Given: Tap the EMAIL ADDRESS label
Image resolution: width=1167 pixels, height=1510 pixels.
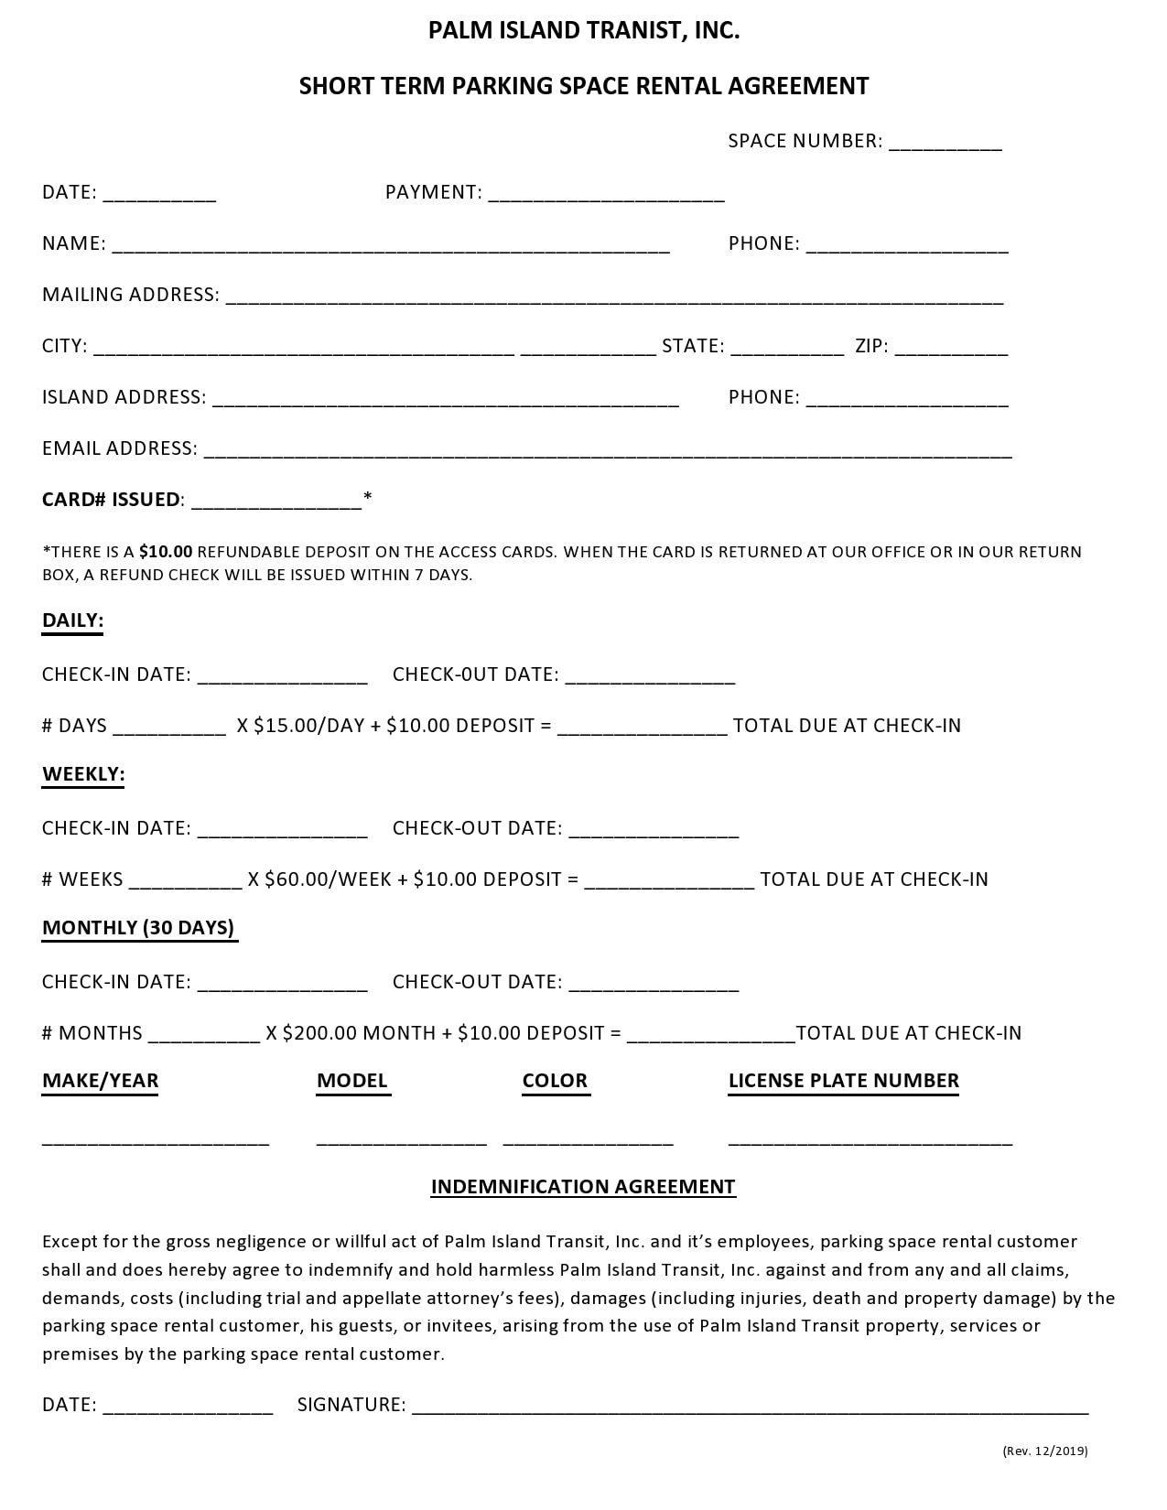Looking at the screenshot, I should [x=119, y=448].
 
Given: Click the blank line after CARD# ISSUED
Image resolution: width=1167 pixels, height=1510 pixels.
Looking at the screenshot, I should [x=276, y=502].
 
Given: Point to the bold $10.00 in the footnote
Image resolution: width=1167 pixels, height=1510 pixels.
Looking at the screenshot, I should [x=166, y=552].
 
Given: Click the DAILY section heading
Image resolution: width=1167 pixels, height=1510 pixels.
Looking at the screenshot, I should [x=72, y=620].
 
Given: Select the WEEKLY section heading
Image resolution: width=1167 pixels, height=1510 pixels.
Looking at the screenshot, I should [x=83, y=774].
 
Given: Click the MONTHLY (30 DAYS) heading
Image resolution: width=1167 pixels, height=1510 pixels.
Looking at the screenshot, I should [x=138, y=928].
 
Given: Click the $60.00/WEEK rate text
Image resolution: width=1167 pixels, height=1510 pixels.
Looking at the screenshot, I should [x=328, y=879].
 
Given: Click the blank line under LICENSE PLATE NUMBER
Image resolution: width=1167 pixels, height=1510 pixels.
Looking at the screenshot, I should [x=870, y=1142].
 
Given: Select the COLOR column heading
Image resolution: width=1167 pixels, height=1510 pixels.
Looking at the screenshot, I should [x=555, y=1081].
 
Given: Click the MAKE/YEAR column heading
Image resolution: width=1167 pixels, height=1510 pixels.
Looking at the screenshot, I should [x=100, y=1081].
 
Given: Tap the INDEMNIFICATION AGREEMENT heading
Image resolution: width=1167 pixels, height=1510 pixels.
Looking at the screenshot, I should [x=583, y=1187].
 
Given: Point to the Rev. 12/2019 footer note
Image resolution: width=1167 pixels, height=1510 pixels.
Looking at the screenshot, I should [x=1044, y=1451].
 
